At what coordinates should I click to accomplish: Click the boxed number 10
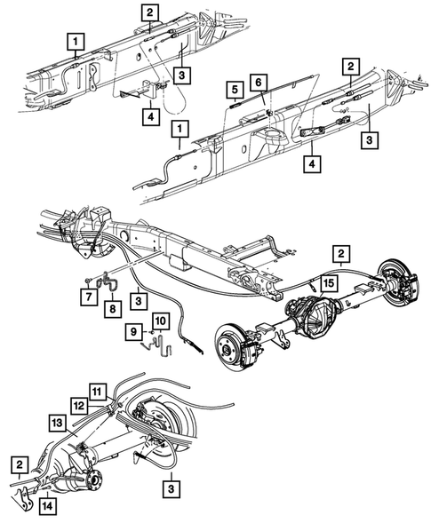click(159, 320)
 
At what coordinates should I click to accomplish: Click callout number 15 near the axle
click(329, 282)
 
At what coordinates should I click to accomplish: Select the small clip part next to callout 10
click(159, 340)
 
